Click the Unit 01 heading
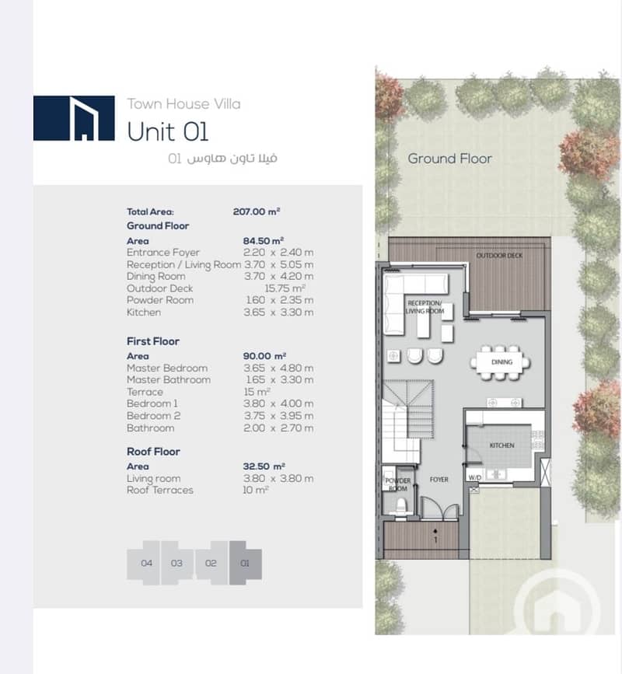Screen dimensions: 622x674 168,131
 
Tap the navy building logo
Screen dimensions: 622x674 74,118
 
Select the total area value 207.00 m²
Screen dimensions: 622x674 257,211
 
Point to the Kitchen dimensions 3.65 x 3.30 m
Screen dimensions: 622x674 278,313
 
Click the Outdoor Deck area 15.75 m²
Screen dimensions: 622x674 285,288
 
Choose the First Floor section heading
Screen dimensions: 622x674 153,341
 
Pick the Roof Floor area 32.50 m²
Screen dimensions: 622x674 264,466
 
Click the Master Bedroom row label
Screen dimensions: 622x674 167,368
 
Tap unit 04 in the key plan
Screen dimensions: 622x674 147,563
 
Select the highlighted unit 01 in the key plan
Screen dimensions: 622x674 245,563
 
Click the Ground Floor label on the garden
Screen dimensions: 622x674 449,159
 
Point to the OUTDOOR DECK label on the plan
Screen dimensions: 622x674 499,255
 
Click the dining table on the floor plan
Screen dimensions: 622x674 501,362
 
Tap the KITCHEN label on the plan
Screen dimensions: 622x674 501,445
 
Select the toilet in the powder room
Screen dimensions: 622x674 400,505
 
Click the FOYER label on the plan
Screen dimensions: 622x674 439,480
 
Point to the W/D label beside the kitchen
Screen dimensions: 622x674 474,477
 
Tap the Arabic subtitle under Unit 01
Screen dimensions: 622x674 222,158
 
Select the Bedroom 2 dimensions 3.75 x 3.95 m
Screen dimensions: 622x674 278,416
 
